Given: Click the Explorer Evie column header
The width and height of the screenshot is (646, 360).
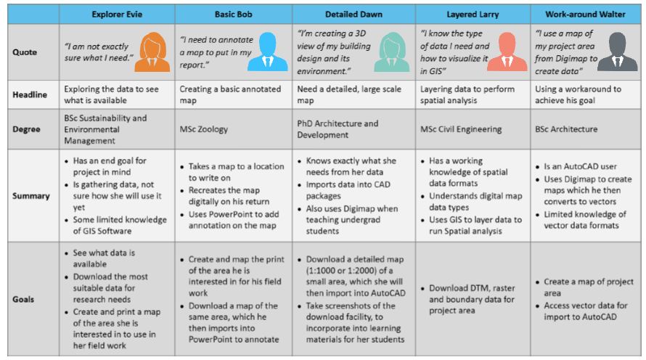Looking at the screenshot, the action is [117, 15].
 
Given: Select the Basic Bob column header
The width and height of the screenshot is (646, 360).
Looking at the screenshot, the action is [233, 15].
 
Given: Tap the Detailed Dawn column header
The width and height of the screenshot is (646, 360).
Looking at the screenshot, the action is [353, 15].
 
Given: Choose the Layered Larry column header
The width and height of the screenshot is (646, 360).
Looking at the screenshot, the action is [473, 15].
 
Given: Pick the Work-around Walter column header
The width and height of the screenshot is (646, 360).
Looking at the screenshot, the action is [585, 15].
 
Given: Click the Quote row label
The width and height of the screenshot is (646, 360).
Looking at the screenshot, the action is [25, 52].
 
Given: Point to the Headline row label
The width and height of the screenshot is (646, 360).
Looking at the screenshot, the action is [30, 95].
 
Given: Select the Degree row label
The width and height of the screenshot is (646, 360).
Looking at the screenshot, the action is [26, 129].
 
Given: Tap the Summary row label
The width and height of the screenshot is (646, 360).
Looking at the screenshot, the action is [31, 196].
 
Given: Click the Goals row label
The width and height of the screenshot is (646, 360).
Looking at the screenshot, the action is [23, 300].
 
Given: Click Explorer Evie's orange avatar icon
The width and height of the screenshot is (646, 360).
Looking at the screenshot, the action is [152, 52].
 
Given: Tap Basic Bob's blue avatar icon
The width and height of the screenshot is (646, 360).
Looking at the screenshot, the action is [268, 52].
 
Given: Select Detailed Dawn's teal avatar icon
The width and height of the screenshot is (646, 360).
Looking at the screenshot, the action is [391, 52].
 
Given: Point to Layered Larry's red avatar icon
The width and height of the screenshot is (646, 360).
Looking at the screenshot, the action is [507, 52].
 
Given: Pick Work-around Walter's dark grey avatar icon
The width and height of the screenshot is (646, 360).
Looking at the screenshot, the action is [617, 52].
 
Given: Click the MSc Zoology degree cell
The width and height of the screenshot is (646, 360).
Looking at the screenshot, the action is [203, 129].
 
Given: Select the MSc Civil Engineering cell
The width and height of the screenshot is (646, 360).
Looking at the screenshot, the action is [461, 129].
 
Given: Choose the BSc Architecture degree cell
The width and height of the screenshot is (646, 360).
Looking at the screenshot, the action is [566, 129].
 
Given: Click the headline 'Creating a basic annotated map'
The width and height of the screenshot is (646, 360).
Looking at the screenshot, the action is [230, 95].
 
